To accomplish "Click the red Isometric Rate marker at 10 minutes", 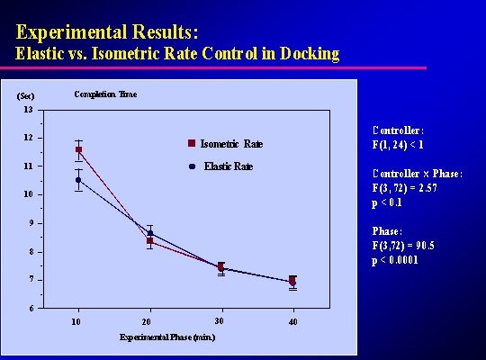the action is coord(78,149).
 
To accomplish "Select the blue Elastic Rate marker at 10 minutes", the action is coord(78,180).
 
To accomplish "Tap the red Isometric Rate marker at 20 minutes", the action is coord(150,241).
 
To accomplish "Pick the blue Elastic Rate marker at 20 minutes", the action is coord(150,233).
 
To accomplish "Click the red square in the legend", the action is coord(192,143).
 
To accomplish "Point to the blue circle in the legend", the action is coord(193,166).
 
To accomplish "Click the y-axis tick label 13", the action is coord(28,110).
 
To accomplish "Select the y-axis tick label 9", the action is coord(31,223).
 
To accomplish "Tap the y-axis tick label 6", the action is coord(31,308).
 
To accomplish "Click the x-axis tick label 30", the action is coord(219,321).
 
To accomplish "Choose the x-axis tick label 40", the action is coord(292,322).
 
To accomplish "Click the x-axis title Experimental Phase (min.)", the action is coord(167,337).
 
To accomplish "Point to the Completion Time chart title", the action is coord(105,94).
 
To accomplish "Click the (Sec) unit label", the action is coord(25,96).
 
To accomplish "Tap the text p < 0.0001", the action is coord(395,260).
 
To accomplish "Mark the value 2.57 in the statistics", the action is coord(427,188).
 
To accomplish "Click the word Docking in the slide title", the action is coord(310,54).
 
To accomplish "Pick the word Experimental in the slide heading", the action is coord(71,32).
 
